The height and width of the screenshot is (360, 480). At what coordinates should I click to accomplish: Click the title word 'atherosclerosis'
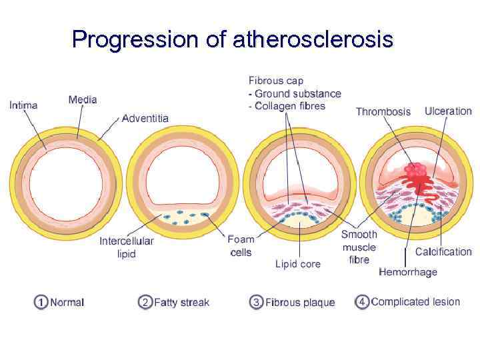tap(313, 40)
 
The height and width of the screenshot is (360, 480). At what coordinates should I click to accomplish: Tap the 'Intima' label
tap(23, 105)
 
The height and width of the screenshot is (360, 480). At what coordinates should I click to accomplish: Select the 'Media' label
tap(83, 100)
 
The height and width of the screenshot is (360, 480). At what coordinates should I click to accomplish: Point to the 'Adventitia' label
tap(145, 118)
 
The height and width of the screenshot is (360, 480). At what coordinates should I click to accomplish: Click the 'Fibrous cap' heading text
tap(275, 81)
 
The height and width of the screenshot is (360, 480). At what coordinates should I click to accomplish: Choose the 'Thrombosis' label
tap(383, 111)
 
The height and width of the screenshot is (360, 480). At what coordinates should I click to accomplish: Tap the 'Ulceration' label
tap(447, 111)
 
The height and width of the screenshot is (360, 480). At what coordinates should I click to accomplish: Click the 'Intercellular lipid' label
tap(127, 247)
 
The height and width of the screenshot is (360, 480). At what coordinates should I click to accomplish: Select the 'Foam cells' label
tap(241, 245)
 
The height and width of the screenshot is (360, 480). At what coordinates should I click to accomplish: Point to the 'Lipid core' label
tap(298, 264)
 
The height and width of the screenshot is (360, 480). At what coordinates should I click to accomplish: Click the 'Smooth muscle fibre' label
tap(359, 247)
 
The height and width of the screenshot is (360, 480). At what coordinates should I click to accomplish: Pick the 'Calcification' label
tap(443, 251)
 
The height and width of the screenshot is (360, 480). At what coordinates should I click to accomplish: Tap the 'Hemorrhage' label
tap(408, 271)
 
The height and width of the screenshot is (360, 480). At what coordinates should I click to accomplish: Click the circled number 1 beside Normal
tap(41, 302)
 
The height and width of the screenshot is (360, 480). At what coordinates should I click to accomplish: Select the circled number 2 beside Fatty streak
tap(145, 302)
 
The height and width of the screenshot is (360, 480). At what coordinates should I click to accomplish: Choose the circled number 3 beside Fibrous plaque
tap(257, 302)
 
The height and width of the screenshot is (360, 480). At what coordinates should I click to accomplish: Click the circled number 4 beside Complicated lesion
tap(362, 302)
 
